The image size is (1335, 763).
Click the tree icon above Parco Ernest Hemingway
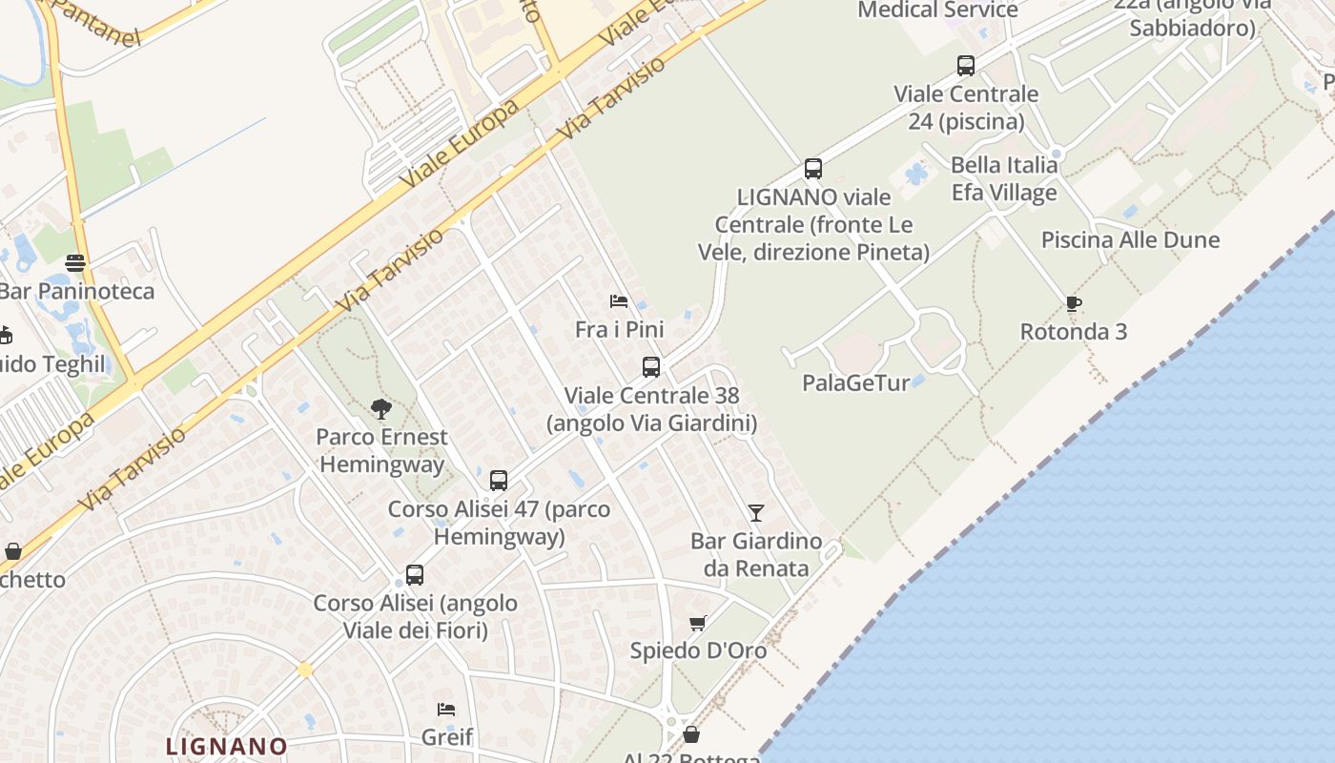pyautogui.click(x=380, y=409)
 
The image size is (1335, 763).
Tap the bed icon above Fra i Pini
pyautogui.click(x=619, y=301)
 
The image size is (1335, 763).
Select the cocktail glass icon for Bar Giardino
pyautogui.click(x=756, y=512)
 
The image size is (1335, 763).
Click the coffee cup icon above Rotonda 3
pyautogui.click(x=1074, y=304)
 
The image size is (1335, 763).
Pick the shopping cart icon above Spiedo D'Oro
pyautogui.click(x=698, y=623)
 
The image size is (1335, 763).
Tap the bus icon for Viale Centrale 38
pyautogui.click(x=651, y=366)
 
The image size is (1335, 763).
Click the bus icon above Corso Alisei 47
pyautogui.click(x=499, y=480)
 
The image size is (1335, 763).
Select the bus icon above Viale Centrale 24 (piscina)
pyautogui.click(x=966, y=66)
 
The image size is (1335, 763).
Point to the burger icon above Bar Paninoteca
pyautogui.click(x=75, y=262)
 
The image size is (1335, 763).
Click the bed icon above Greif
pyautogui.click(x=446, y=709)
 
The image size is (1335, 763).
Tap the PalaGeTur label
pyautogui.click(x=856, y=382)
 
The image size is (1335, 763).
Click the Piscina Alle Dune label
pyautogui.click(x=1130, y=239)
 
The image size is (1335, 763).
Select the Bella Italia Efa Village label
pyautogui.click(x=1004, y=178)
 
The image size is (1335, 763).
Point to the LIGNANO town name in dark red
pyautogui.click(x=227, y=746)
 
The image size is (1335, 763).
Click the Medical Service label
pyautogui.click(x=938, y=10)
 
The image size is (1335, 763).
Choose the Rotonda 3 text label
pyautogui.click(x=1074, y=332)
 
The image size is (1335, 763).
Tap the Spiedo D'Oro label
pyautogui.click(x=698, y=650)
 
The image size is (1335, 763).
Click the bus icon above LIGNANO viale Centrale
pyautogui.click(x=813, y=169)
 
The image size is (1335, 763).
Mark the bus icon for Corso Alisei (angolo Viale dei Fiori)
pyautogui.click(x=415, y=575)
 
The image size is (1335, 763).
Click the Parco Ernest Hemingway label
pyautogui.click(x=381, y=451)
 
